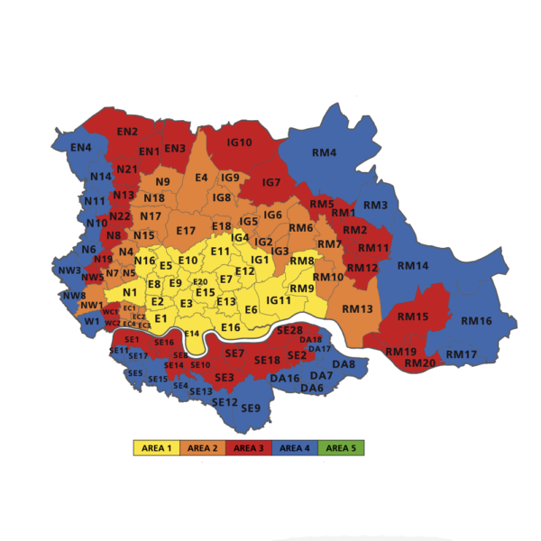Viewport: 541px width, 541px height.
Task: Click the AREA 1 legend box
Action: click(156, 447)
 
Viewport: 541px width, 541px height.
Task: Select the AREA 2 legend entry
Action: click(203, 447)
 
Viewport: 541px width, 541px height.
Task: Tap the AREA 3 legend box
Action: click(250, 447)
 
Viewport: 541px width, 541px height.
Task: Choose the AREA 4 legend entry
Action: click(297, 447)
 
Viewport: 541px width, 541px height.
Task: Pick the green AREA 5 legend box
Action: click(342, 447)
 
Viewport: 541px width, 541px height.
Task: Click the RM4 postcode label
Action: click(324, 152)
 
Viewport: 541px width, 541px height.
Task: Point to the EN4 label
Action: click(80, 148)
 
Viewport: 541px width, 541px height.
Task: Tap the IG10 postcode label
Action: click(239, 142)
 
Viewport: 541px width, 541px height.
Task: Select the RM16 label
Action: click(476, 321)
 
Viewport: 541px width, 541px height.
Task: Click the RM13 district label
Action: click(356, 309)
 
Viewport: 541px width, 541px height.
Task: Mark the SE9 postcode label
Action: click(251, 408)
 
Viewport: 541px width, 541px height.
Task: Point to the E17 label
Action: click(186, 231)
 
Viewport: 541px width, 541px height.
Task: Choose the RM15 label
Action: click(413, 316)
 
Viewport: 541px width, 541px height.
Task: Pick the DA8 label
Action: click(344, 363)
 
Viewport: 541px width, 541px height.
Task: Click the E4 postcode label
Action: click(200, 177)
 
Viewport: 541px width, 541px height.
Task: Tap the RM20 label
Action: click(420, 362)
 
